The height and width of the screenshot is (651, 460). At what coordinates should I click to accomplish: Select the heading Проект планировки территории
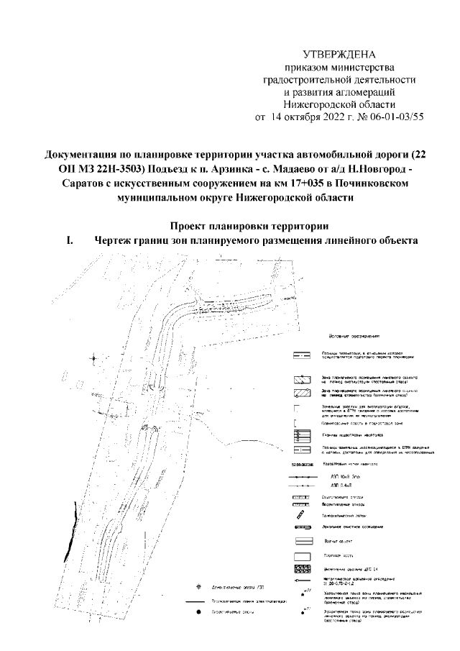pos(243,225)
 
